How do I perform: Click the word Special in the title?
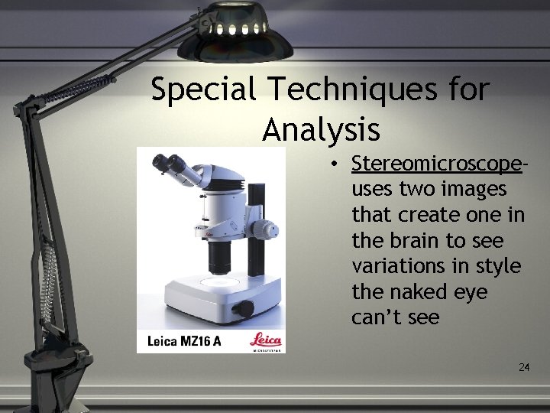pos(202,91)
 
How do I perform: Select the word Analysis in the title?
pos(321,129)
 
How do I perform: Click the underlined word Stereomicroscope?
pos(437,164)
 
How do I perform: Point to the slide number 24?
pos(524,368)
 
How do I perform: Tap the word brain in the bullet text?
pos(413,241)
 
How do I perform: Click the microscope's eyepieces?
pos(169,164)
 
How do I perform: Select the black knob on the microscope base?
pos(242,309)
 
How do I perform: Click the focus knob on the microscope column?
pos(267,229)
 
